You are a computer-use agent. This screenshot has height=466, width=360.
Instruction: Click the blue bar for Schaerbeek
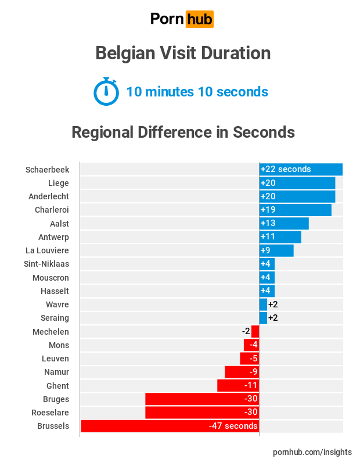point(301,170)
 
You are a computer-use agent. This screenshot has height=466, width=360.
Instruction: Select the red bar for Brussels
point(170,426)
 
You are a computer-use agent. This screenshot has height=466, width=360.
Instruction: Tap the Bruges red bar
point(202,399)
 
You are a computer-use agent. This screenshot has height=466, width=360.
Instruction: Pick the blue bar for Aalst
point(284,224)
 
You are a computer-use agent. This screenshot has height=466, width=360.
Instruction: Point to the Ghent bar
point(238,386)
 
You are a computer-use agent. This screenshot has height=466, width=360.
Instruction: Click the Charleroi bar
point(295,210)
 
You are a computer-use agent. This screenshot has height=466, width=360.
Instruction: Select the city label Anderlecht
point(49,196)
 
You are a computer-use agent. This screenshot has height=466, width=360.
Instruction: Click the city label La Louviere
point(48,250)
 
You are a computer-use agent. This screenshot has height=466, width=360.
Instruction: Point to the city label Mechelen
point(51,332)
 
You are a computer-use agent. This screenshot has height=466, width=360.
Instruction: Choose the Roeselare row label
point(51,413)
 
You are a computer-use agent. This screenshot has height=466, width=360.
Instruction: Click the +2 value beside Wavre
point(273,304)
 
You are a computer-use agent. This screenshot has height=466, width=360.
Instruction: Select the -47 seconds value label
point(233,426)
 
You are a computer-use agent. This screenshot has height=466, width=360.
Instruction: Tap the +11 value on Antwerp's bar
point(268,237)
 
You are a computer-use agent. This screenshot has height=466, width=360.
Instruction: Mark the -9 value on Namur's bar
point(253,372)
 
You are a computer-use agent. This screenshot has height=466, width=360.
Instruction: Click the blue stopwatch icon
point(106,92)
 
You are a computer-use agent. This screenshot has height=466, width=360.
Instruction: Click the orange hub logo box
point(199,19)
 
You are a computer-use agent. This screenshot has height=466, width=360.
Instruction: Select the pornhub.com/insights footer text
point(312,452)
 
